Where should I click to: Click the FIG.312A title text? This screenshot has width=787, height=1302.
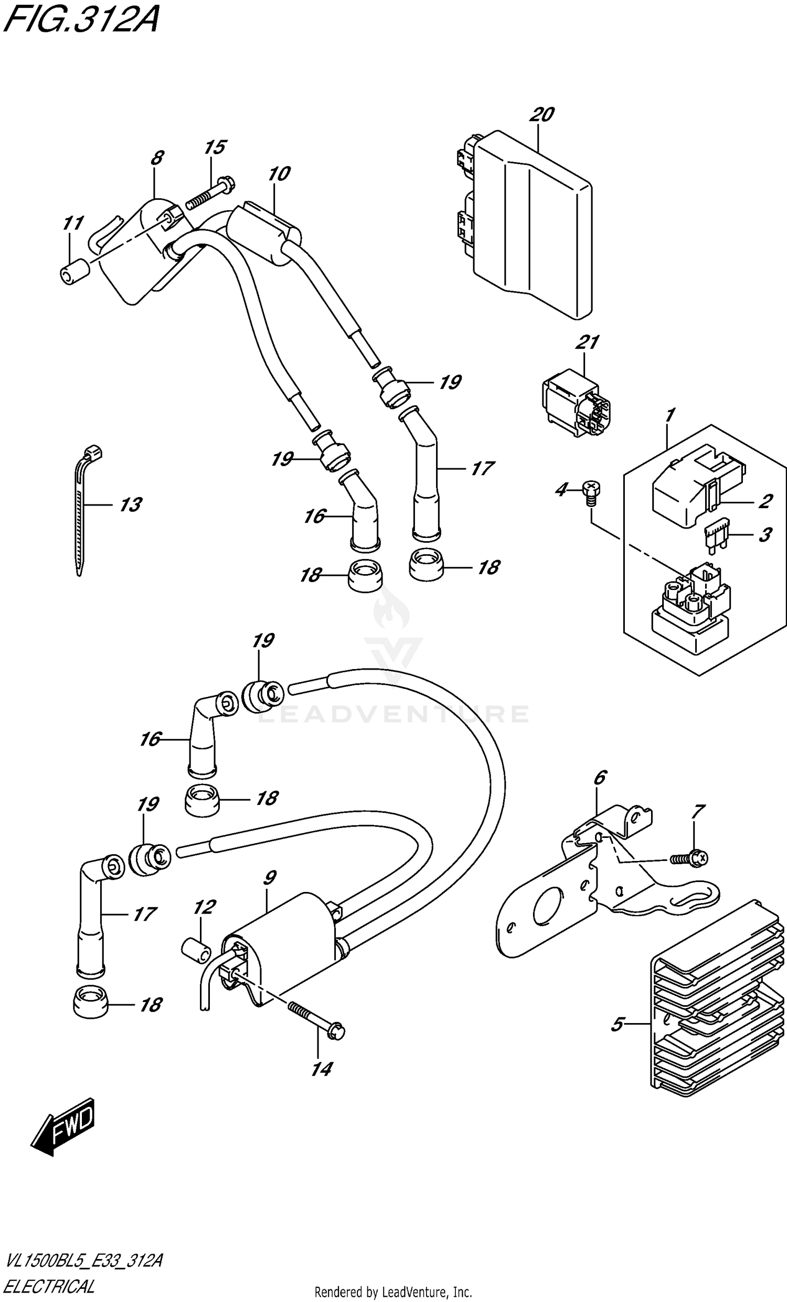80,21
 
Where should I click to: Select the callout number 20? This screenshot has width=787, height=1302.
541,115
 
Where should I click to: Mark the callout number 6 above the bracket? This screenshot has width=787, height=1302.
600,778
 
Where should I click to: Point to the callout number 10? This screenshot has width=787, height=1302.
279,174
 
